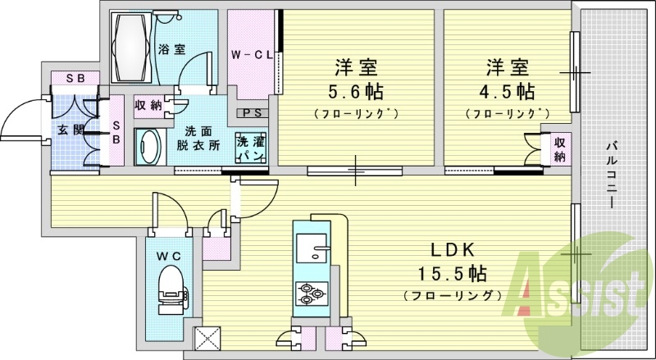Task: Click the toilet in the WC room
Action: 171,289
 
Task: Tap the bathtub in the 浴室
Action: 131,48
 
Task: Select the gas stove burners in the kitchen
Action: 312,293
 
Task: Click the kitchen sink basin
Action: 312,247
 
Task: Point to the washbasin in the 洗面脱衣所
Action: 148,147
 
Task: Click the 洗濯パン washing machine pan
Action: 251,148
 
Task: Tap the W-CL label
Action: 253,54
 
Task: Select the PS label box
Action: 253,113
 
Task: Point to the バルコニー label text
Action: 612,175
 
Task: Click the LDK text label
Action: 453,250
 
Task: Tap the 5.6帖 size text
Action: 356,91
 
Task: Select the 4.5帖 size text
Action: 507,91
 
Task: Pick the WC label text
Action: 169,256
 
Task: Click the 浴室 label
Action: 172,49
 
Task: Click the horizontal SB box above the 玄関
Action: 75,78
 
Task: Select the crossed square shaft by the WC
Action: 207,337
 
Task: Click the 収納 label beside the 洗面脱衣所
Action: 148,105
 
